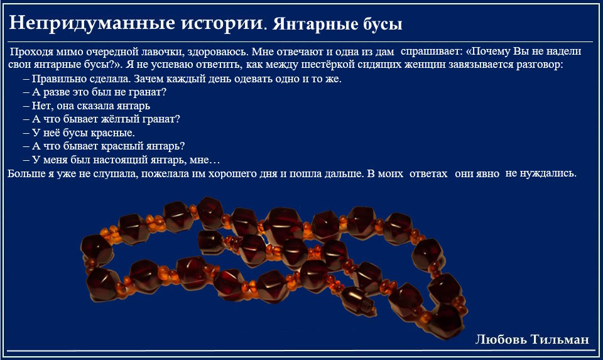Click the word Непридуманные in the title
(92, 23)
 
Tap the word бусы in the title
(383, 25)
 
